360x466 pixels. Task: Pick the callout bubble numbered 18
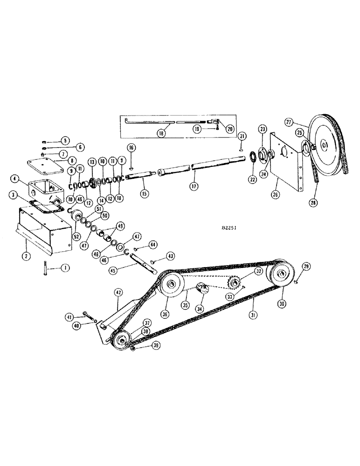coord(161,132)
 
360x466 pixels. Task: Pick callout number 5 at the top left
coord(64,139)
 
